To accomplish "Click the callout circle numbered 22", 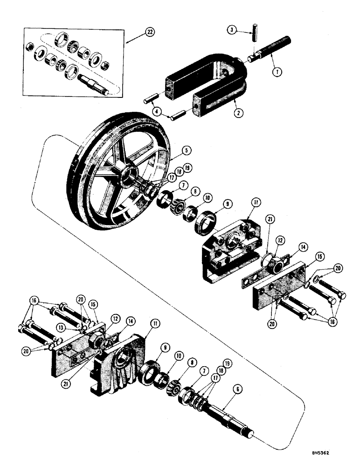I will click(x=149, y=32).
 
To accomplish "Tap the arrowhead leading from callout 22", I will click(x=127, y=42).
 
